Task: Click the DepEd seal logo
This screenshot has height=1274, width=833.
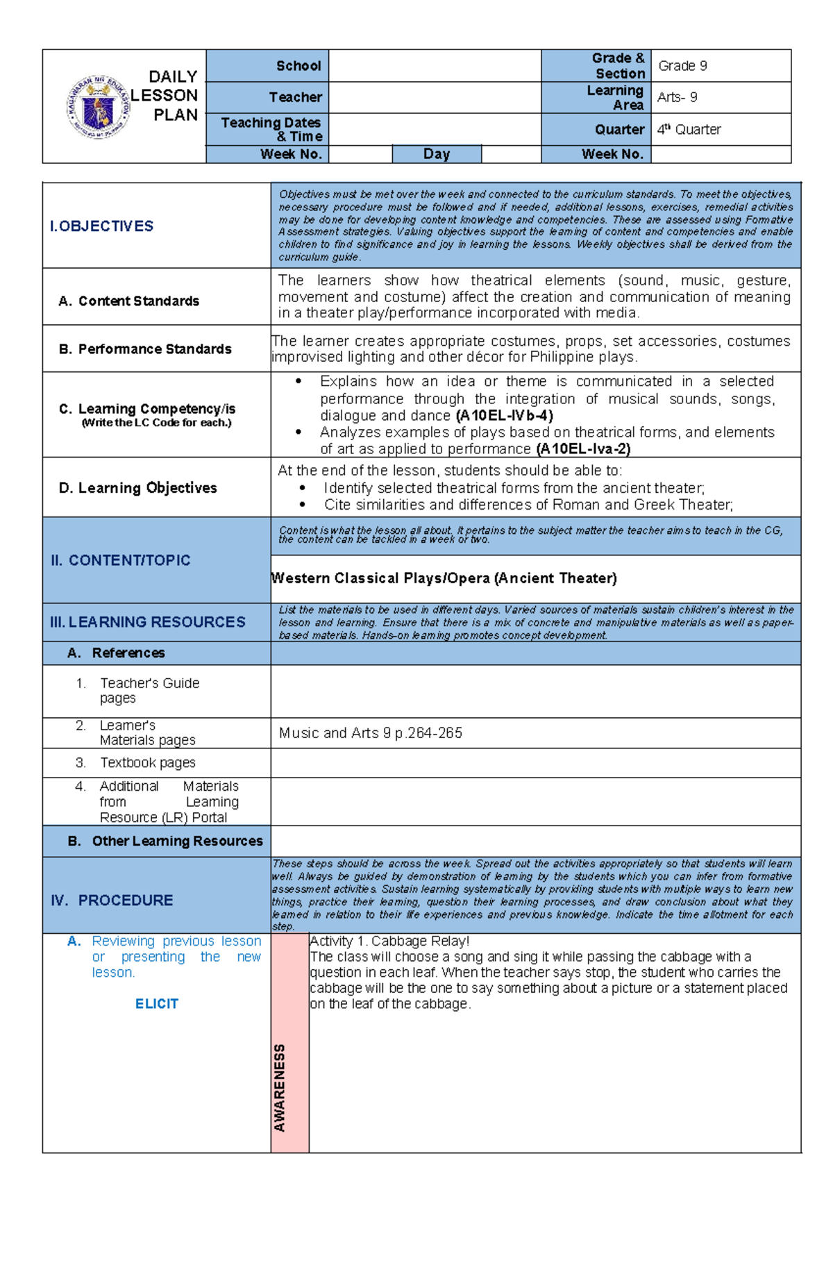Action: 98,108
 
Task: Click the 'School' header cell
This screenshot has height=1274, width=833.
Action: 298,66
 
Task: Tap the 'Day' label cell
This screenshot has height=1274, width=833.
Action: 437,154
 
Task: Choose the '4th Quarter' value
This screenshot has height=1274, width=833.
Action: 689,129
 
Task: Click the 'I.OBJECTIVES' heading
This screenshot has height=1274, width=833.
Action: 101,226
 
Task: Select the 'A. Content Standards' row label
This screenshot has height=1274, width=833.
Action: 129,301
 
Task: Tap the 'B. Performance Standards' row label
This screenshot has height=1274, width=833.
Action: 145,349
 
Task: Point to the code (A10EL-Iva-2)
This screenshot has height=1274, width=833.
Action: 583,449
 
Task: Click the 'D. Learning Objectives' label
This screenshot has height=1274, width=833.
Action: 137,488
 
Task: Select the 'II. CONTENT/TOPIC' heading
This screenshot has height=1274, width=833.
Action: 120,560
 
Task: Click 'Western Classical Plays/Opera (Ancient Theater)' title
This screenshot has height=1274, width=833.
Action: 444,578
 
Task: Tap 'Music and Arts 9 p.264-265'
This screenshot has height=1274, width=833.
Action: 370,733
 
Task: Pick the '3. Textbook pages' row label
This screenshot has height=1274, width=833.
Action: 147,762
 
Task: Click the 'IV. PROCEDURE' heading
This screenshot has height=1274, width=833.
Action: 112,900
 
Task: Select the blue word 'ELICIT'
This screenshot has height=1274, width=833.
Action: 157,1004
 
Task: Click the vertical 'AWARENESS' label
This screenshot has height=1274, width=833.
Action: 280,1087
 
